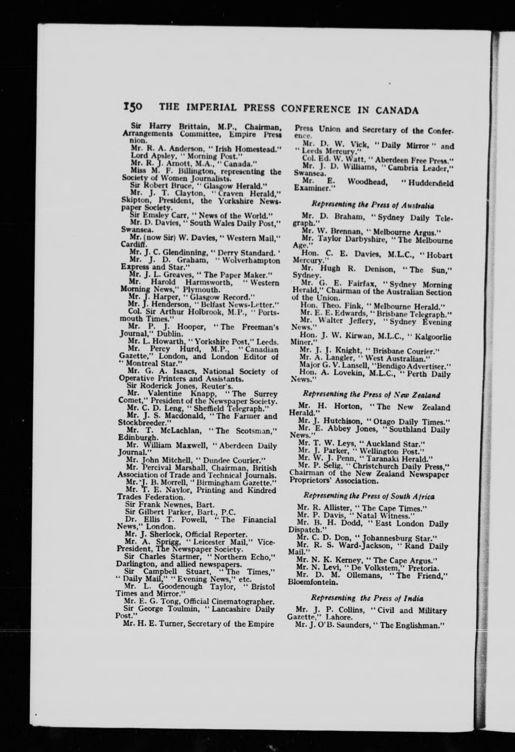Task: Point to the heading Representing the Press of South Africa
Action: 369,496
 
